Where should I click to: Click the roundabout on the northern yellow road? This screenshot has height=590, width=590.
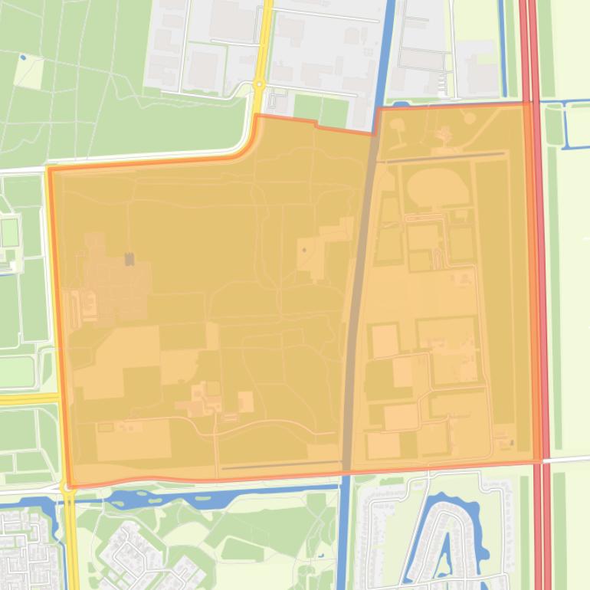[x=259, y=84]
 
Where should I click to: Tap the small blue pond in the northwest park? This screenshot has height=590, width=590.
[x=23, y=57]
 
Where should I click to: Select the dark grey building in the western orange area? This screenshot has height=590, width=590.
[x=129, y=259]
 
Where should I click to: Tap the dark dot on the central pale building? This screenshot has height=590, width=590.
[x=304, y=249]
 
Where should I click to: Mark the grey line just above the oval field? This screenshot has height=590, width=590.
[x=441, y=157]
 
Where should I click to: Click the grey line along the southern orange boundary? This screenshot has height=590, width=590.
[x=280, y=464]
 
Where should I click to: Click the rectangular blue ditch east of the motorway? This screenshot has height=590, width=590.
[x=567, y=123]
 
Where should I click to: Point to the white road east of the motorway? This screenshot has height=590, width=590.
[x=567, y=459]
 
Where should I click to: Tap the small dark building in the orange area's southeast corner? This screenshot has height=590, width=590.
[x=505, y=442]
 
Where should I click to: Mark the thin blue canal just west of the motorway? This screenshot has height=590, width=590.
[x=503, y=46]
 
